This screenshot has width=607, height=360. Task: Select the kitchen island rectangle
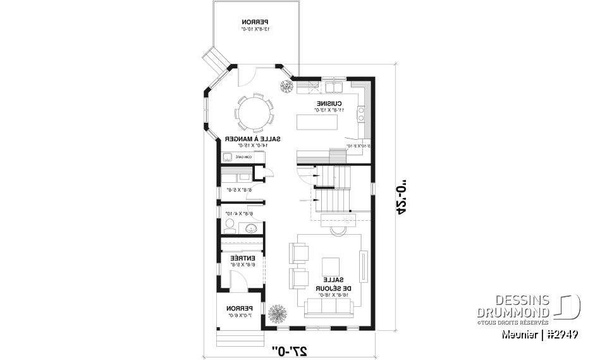(x=319, y=120)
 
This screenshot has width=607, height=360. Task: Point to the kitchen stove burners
(x=362, y=114)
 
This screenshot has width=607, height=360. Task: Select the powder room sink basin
(x=250, y=228)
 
